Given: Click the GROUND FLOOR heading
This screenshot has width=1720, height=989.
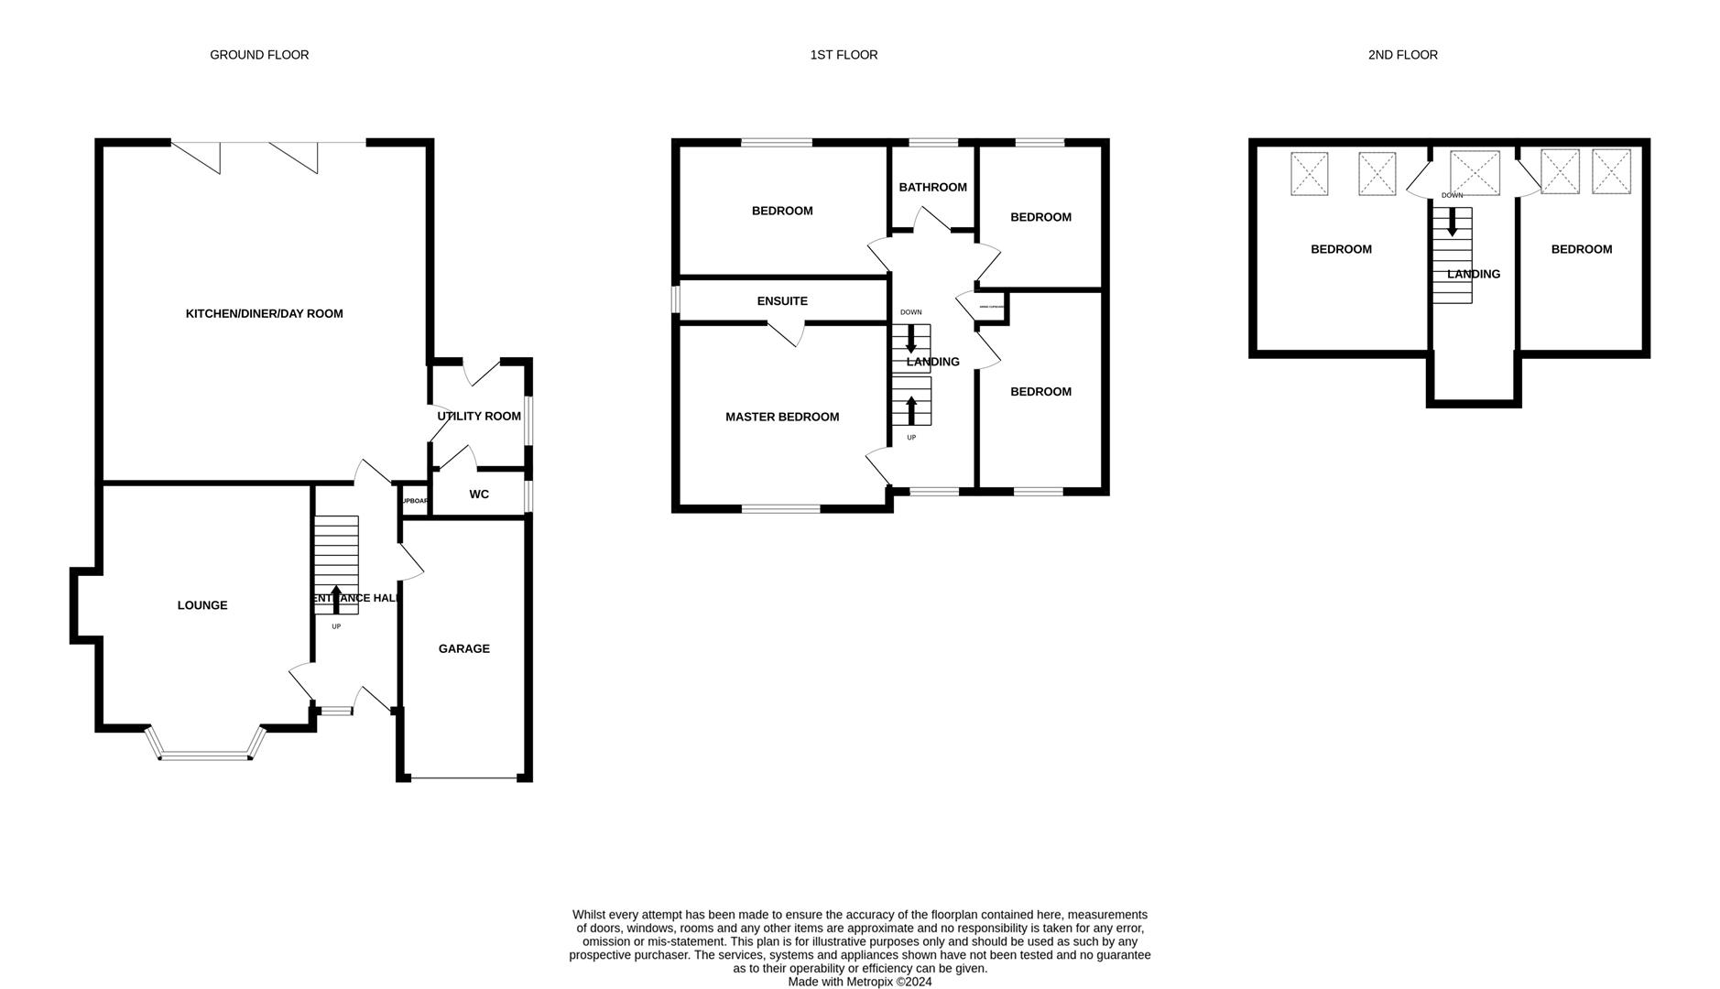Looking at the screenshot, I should tap(259, 55).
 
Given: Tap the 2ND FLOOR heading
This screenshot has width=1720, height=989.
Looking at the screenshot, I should tap(1402, 55).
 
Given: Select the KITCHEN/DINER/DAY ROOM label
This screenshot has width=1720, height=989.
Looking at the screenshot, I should tap(264, 313).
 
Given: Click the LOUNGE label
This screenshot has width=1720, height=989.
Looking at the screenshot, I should tap(202, 605).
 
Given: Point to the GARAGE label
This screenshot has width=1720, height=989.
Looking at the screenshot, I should tap(463, 648).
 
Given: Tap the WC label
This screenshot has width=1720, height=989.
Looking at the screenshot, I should tap(478, 494).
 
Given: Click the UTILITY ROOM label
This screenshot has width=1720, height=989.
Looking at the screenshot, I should tap(478, 416).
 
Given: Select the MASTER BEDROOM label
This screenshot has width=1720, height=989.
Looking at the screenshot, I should tap(781, 417).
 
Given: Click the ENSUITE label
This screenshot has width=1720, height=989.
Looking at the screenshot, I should tap(781, 301).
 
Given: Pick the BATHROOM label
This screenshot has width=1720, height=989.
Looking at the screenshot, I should tap(932, 188).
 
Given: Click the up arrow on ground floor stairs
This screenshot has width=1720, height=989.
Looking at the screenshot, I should tap(336, 598).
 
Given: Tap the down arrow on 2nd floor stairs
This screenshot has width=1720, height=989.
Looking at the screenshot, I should tap(1452, 223).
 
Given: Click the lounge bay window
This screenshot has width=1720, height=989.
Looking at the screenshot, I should tap(206, 756).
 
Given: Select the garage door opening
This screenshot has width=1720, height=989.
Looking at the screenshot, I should tap(464, 778).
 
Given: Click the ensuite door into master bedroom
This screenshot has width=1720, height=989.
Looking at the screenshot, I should tap(787, 334).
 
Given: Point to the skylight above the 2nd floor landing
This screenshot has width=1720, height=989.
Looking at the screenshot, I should tap(1475, 173).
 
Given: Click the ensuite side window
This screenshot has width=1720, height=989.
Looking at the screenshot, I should tap(676, 299).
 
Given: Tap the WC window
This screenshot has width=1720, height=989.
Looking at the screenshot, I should tap(528, 495).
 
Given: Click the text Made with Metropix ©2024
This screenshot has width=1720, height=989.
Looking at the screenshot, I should tap(859, 982).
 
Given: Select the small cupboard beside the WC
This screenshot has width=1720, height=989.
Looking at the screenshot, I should tap(414, 501).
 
